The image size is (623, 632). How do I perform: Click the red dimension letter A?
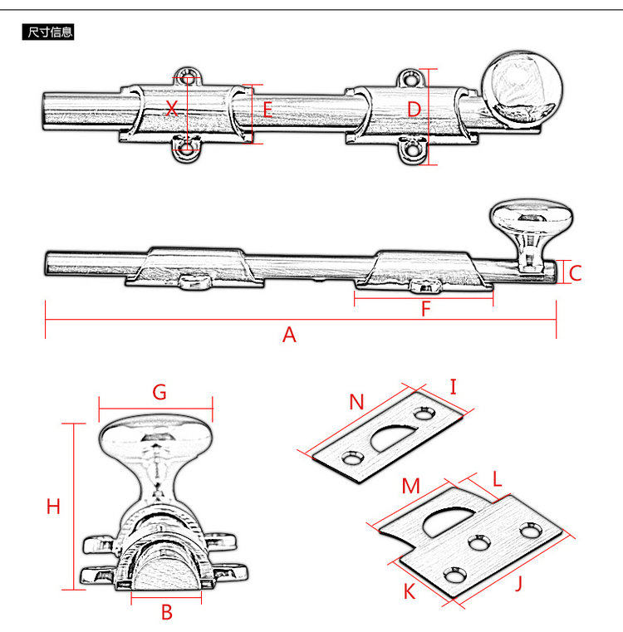click(289, 335)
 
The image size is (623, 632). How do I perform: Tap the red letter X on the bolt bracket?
click(172, 108)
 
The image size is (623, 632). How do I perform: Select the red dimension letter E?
click(267, 110)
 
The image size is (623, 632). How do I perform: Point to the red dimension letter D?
click(415, 110)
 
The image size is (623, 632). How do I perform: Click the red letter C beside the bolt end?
click(576, 272)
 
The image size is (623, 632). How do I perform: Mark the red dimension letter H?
click(53, 507)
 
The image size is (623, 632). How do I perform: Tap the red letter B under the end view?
click(166, 613)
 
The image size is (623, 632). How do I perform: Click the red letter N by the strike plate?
click(356, 403)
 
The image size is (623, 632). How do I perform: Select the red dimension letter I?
click(454, 386)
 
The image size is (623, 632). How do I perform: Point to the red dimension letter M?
click(410, 487)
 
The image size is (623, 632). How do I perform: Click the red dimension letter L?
click(497, 479)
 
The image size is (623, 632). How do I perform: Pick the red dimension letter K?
click(409, 591)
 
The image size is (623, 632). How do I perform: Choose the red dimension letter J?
click(519, 583)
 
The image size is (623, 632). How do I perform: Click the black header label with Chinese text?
click(50, 32)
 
